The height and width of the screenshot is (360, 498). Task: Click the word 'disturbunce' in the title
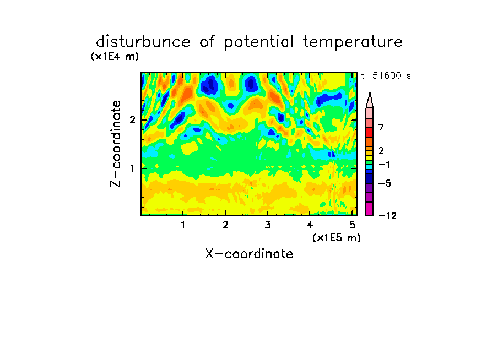click(x=143, y=41)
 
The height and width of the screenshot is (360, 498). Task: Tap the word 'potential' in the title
click(x=258, y=42)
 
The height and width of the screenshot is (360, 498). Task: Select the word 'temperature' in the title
click(x=353, y=42)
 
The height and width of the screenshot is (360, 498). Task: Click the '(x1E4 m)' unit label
click(x=115, y=57)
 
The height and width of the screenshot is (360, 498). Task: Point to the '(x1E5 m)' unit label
click(x=337, y=237)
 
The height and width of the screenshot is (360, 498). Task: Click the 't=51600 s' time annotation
click(x=386, y=75)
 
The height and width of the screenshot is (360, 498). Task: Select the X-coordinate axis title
click(x=249, y=254)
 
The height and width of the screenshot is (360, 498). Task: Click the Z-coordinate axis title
click(x=116, y=144)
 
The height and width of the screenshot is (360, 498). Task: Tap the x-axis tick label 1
click(x=183, y=225)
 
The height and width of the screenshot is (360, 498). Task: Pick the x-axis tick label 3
click(x=268, y=225)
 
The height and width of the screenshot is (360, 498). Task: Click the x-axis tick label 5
click(x=352, y=225)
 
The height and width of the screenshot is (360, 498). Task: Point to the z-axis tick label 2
click(x=132, y=120)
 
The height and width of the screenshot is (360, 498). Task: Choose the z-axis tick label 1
click(x=132, y=168)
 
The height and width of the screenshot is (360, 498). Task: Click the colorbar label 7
click(x=381, y=127)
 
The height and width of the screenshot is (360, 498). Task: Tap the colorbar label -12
click(x=387, y=216)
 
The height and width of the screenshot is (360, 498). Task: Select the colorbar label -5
click(x=385, y=183)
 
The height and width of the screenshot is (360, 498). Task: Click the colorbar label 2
click(x=381, y=150)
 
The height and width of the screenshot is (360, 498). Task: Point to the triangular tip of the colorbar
click(x=370, y=92)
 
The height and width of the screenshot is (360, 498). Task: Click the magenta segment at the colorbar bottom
click(x=370, y=209)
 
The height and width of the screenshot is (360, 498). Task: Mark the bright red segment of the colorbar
click(x=370, y=132)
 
